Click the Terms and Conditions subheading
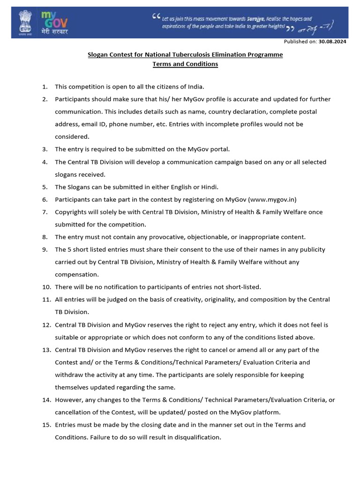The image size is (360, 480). [185, 64]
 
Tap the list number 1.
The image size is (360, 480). [45, 87]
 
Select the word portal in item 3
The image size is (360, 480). [220, 149]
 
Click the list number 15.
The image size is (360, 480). [46, 425]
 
